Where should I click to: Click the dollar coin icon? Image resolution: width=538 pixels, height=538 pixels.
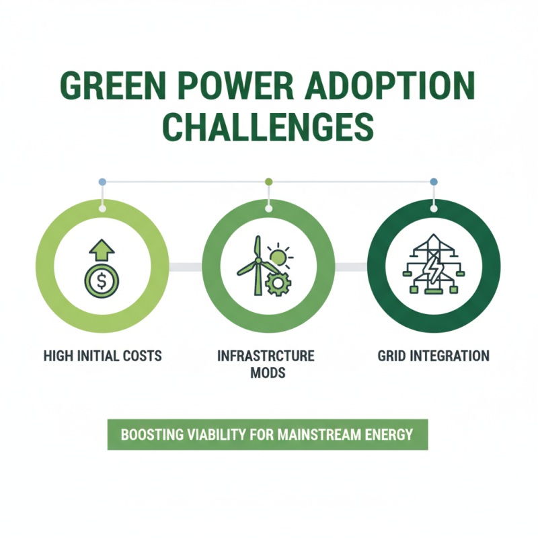click(x=102, y=282)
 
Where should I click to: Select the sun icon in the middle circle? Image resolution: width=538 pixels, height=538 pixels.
click(x=279, y=256)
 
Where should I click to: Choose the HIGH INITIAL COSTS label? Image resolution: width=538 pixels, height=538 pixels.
click(x=102, y=355)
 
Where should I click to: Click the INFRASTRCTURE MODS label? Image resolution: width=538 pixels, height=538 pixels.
click(x=268, y=363)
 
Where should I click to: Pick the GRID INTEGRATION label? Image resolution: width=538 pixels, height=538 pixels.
click(x=433, y=355)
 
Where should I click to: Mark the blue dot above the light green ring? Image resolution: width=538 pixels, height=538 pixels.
click(x=102, y=182)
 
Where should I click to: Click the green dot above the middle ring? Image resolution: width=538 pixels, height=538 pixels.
click(x=268, y=182)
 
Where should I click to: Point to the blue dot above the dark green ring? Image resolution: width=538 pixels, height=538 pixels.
click(x=433, y=182)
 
